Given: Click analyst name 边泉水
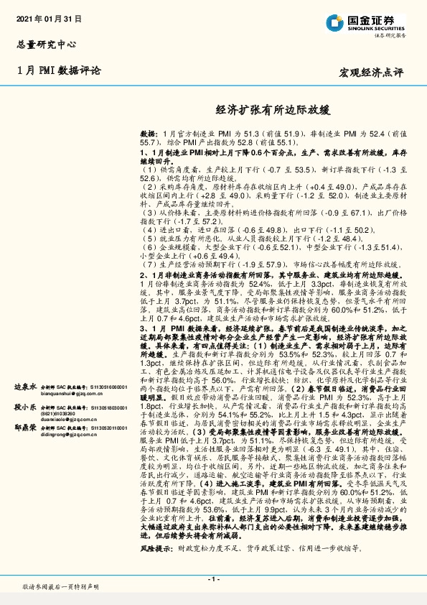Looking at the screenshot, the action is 27,387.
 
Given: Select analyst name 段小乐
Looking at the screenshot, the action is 27,406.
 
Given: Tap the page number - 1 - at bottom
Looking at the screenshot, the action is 213,578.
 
